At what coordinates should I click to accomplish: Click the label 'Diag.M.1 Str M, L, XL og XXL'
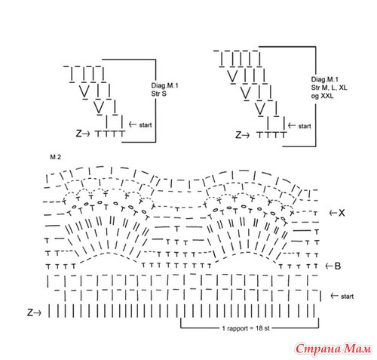[x=329, y=88]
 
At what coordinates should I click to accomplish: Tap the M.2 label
[x=56, y=157]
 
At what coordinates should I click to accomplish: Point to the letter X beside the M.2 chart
[x=342, y=213]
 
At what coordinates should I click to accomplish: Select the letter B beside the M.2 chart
[x=338, y=266]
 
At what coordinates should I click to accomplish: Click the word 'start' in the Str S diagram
[x=146, y=125]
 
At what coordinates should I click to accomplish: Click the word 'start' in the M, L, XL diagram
[x=305, y=126]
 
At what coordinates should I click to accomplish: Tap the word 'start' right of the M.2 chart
[x=347, y=297]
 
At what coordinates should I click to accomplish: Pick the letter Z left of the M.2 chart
[x=30, y=312]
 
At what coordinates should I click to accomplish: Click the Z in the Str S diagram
[x=79, y=134]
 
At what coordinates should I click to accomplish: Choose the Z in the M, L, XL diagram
[x=238, y=135]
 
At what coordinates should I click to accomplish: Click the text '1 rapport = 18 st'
[x=246, y=328]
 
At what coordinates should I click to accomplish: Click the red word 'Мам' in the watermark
[x=357, y=349]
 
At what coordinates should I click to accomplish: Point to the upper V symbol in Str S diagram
[x=84, y=91]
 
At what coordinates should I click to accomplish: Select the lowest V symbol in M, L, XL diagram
[x=260, y=109]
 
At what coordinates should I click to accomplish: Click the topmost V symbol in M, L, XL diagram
[x=232, y=76]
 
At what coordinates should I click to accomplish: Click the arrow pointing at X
[x=333, y=213]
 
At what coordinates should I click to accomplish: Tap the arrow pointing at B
[x=329, y=266]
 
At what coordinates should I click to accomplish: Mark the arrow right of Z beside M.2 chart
[x=38, y=313]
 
